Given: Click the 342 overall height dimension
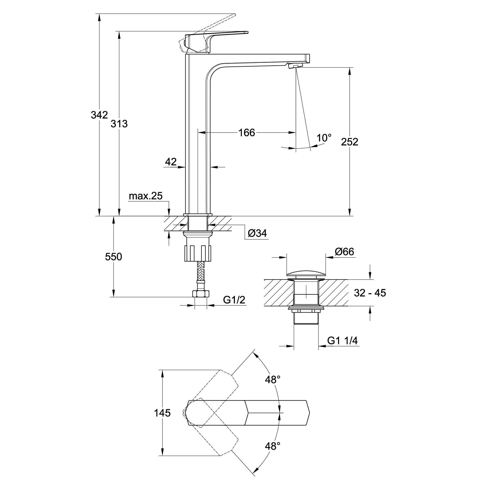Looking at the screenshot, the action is [x=99, y=115].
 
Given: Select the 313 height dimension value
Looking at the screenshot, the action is [x=119, y=124].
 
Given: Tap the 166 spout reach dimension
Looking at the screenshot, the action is [x=246, y=132].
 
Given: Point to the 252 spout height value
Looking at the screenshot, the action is [x=350, y=142].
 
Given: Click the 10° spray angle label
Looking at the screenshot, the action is [x=324, y=138].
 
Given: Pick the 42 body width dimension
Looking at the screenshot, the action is [x=171, y=162].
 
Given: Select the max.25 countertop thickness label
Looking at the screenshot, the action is [x=146, y=196].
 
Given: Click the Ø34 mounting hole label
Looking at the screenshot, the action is [x=257, y=233].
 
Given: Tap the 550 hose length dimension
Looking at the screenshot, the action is [x=114, y=257].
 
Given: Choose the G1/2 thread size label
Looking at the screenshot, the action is [x=234, y=300].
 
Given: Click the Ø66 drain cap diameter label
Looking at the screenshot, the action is [x=344, y=252].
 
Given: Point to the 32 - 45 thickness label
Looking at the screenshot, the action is [x=370, y=293].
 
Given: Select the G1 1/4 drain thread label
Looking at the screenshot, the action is [x=342, y=341].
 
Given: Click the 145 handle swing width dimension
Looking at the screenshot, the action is [x=162, y=413].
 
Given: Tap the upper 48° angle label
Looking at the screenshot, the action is [x=273, y=380].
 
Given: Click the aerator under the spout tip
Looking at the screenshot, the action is [x=296, y=65].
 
